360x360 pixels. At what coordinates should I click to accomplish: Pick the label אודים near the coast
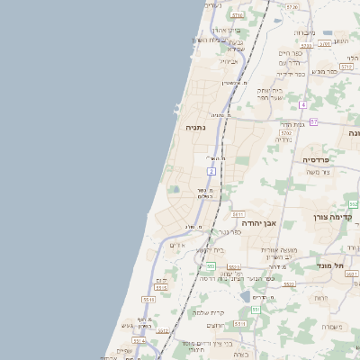[x=178, y=245]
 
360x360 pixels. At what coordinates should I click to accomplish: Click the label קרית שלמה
[x=209, y=312]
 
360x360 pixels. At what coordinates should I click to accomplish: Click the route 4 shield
[x=303, y=105]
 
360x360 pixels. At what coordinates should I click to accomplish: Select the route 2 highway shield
[x=211, y=170]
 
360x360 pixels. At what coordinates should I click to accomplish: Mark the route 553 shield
[x=211, y=266]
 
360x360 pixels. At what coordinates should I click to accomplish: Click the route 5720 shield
[x=292, y=6]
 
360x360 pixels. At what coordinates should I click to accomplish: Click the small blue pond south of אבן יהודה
[x=245, y=296]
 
